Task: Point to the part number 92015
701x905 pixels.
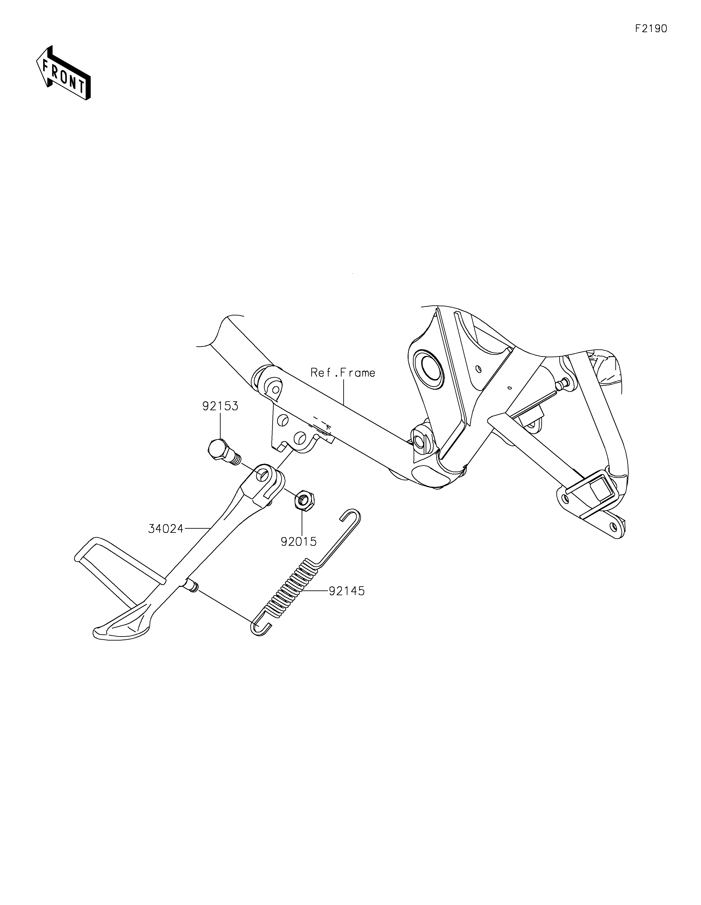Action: click(299, 541)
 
